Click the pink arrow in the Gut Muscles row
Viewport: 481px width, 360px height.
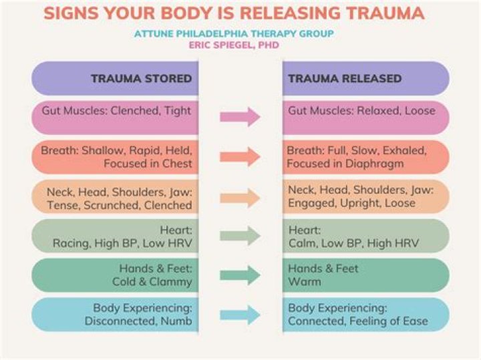[x=240, y=117]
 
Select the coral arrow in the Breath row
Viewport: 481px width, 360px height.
[x=240, y=157]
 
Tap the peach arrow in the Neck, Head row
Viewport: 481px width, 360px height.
[x=240, y=197]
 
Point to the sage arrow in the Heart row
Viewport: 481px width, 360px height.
[x=240, y=235]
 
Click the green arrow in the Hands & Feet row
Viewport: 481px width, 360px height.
[x=240, y=275]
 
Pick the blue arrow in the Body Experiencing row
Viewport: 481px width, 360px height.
[x=240, y=314]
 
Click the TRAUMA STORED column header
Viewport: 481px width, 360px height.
[x=141, y=79]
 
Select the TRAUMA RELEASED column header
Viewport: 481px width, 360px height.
[x=345, y=79]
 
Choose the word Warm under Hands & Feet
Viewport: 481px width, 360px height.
[x=305, y=282]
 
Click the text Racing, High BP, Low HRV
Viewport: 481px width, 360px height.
[x=122, y=243]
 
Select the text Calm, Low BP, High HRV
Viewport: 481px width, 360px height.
[x=353, y=243]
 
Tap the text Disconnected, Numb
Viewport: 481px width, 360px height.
[x=138, y=321]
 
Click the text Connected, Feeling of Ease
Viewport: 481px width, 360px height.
[x=357, y=321]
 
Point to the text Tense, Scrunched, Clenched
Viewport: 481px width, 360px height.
[x=120, y=204]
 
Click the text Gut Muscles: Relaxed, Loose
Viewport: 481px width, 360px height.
[x=361, y=110]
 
